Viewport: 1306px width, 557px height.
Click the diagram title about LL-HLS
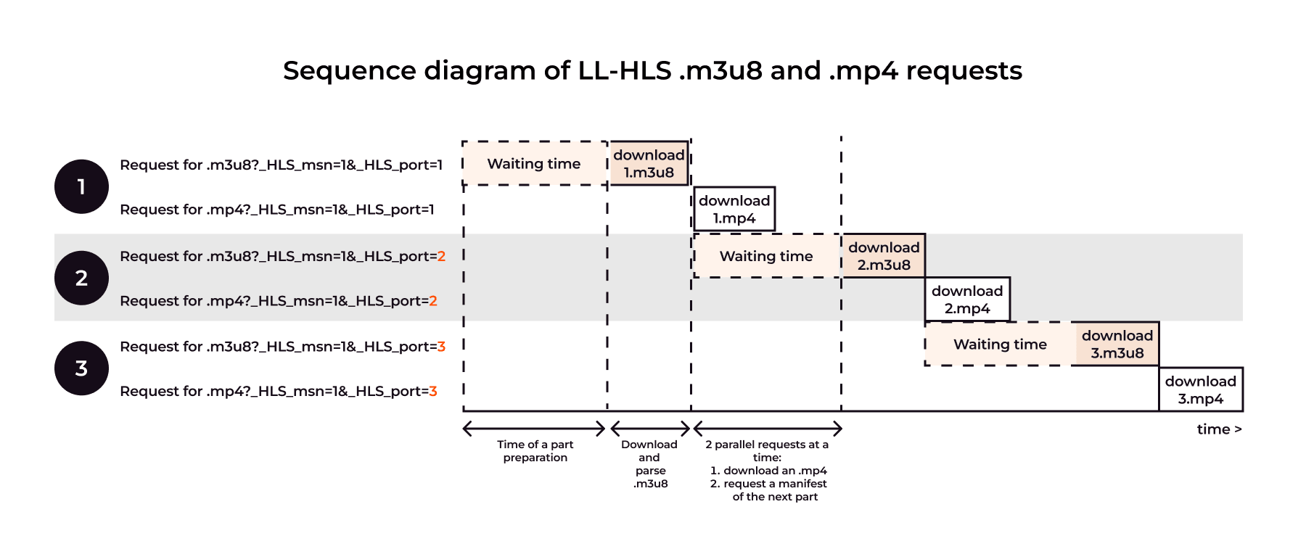(652, 71)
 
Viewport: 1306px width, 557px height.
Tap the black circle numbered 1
(81, 186)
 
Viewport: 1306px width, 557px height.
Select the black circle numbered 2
(81, 278)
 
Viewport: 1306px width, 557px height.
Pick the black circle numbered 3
(81, 368)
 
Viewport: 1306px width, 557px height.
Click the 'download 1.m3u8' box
(649, 163)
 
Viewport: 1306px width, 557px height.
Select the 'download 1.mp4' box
(734, 210)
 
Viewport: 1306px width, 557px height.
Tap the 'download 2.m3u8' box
(884, 256)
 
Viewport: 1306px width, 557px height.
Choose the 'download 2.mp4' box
(967, 300)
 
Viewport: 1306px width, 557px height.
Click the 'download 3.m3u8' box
(1117, 344)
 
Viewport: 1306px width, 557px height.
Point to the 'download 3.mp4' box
(1201, 389)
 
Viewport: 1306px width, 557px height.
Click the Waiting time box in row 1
(534, 164)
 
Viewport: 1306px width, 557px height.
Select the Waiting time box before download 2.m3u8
(766, 256)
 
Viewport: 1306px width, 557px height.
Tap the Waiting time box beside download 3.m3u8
(1000, 344)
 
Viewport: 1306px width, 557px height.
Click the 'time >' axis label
(1219, 429)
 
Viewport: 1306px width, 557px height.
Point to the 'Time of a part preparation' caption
(535, 451)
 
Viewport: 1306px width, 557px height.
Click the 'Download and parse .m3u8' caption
(650, 464)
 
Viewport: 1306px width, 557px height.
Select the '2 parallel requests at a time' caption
(768, 471)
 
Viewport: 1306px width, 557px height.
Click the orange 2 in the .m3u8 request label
(441, 257)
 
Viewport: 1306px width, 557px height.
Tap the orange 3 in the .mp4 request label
(433, 392)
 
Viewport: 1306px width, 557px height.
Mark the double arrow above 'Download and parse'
(650, 428)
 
